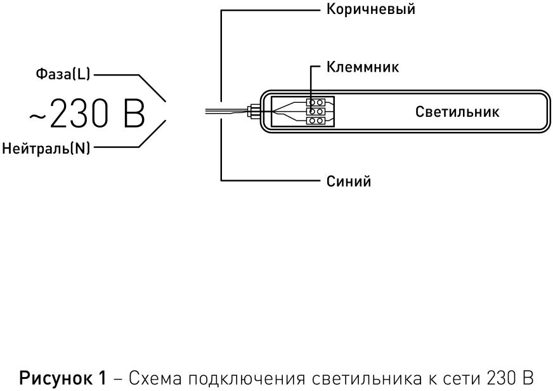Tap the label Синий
click(x=349, y=182)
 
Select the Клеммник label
click(x=363, y=67)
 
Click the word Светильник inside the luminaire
click(x=457, y=112)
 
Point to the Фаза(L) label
click(x=63, y=74)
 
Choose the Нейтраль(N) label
click(x=46, y=148)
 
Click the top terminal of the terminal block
click(x=316, y=102)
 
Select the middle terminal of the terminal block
click(x=316, y=112)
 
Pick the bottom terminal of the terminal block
click(x=316, y=121)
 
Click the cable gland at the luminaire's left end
click(x=253, y=111)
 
